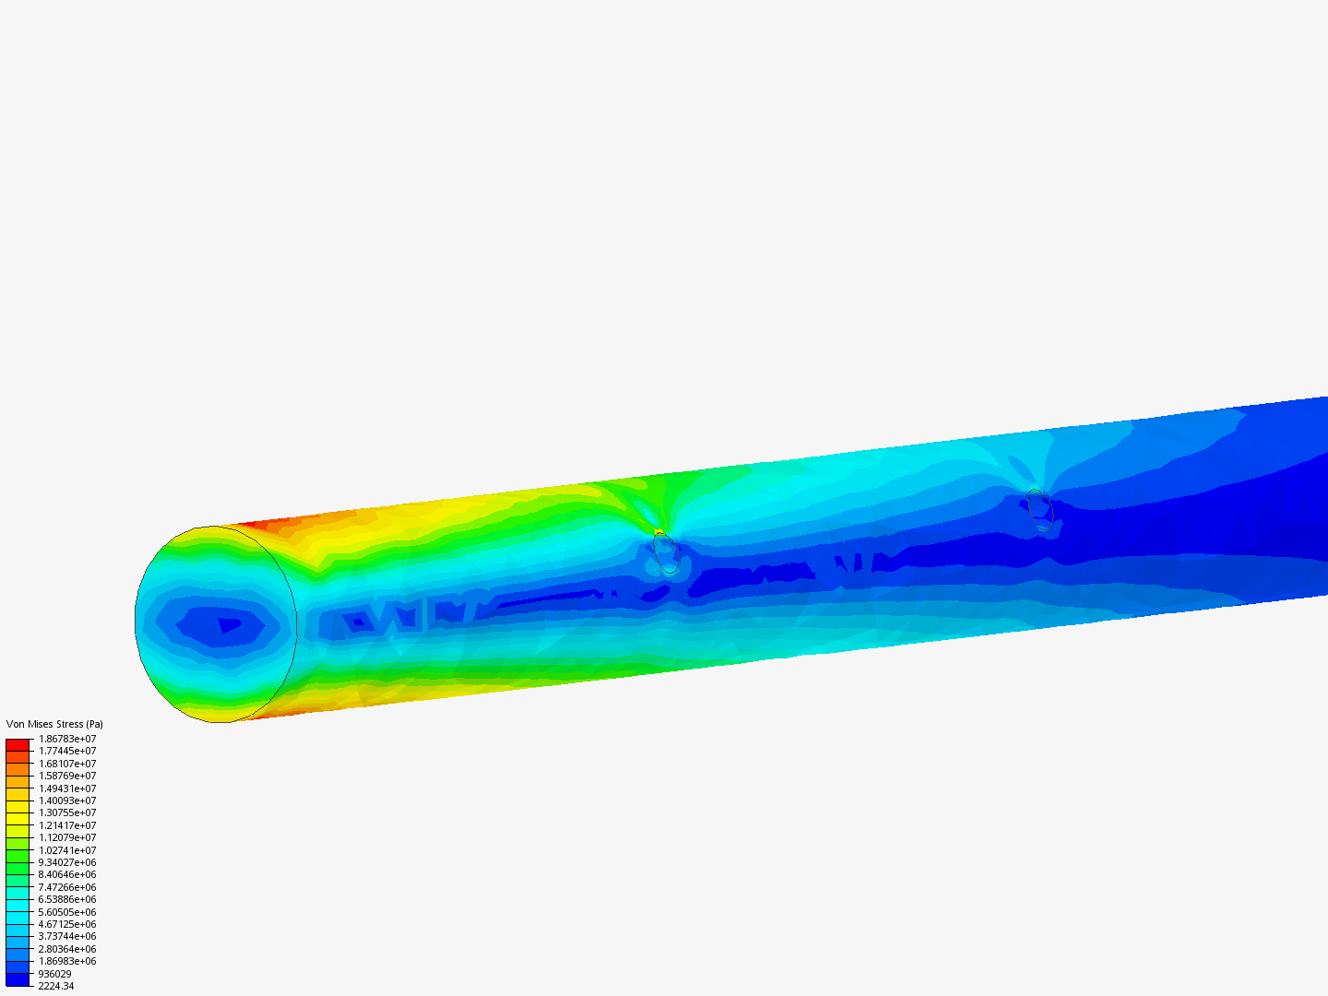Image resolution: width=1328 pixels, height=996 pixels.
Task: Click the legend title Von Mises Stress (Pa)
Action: pyautogui.click(x=54, y=724)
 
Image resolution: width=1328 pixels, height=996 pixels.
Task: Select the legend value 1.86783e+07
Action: pyautogui.click(x=67, y=739)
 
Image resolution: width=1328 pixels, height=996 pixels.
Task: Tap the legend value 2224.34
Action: pyautogui.click(x=56, y=986)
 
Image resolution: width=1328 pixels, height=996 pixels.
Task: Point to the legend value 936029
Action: pyautogui.click(x=55, y=974)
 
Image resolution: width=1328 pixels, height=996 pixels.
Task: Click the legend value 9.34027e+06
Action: pyautogui.click(x=67, y=862)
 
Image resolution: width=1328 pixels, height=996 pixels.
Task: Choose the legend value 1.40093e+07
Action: pyautogui.click(x=67, y=800)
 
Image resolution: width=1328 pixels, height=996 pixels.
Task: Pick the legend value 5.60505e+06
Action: pyautogui.click(x=67, y=912)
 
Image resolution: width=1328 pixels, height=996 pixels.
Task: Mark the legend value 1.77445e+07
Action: pyautogui.click(x=67, y=751)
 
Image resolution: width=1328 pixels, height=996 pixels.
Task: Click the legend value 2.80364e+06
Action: pyautogui.click(x=67, y=949)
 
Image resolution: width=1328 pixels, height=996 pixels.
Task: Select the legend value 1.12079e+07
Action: pyautogui.click(x=67, y=837)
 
